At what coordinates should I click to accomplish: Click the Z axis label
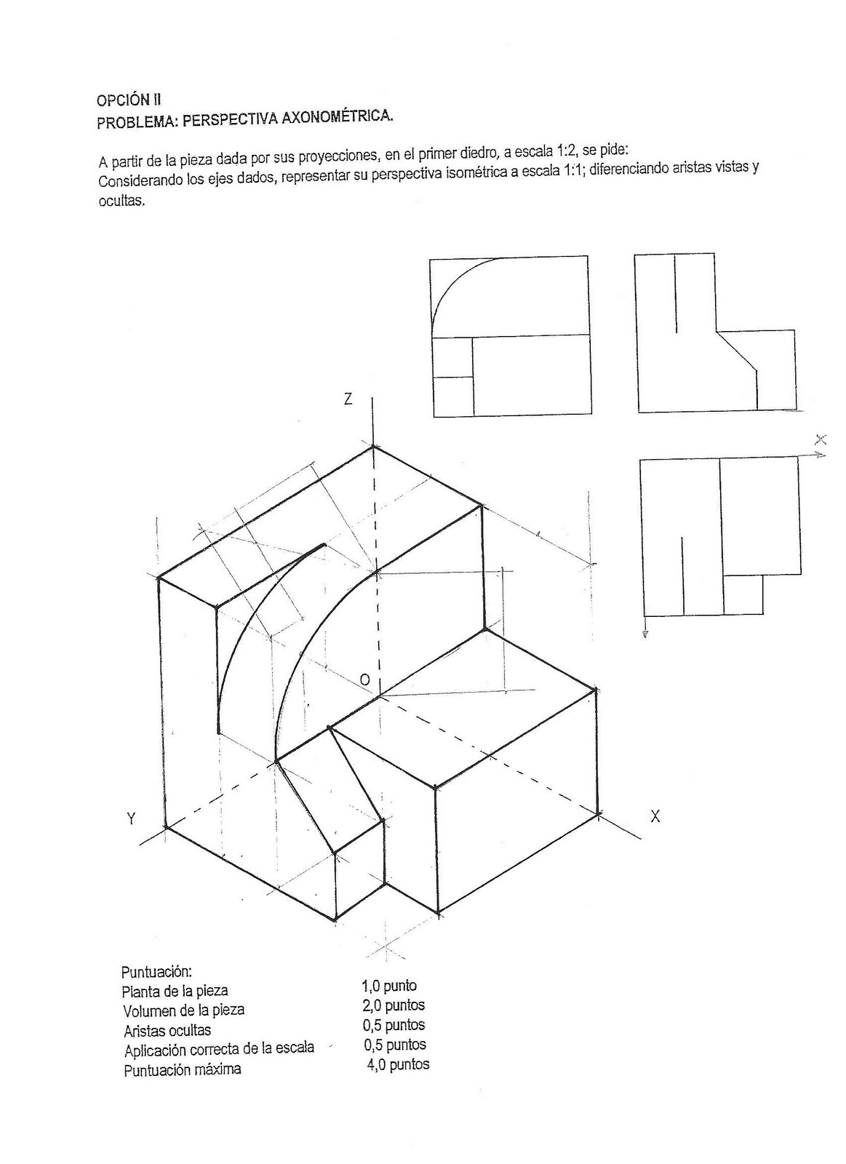click(348, 399)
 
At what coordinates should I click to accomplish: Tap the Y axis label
click(132, 819)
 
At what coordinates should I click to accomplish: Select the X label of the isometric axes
click(655, 816)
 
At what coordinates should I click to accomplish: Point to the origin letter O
click(364, 679)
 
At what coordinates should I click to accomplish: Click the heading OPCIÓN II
click(129, 99)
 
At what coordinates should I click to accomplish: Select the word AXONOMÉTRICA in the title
click(337, 117)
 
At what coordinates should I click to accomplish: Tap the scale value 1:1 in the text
click(574, 171)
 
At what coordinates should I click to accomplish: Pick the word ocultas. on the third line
click(121, 201)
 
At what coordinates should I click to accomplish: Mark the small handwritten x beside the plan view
click(821, 440)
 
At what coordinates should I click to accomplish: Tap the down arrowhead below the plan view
click(645, 633)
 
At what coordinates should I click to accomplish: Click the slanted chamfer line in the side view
click(736, 350)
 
